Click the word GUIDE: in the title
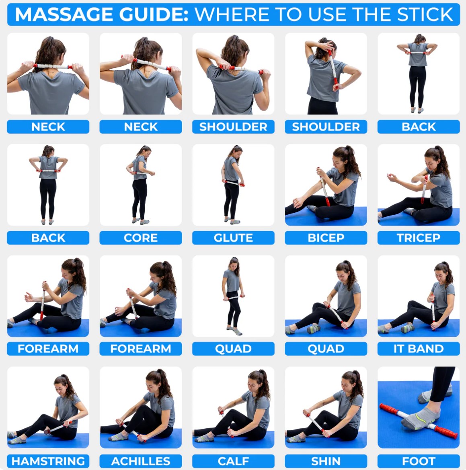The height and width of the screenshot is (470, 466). pyautogui.click(x=154, y=14)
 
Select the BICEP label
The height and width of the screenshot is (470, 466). pyautogui.click(x=326, y=238)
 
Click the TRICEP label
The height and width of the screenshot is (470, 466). pyautogui.click(x=418, y=238)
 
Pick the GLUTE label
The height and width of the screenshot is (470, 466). pyautogui.click(x=233, y=238)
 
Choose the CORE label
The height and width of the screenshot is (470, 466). pyautogui.click(x=141, y=238)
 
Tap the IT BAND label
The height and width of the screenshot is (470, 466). pyautogui.click(x=418, y=348)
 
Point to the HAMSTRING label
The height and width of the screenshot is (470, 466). pyautogui.click(x=48, y=461)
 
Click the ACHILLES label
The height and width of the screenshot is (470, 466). pyautogui.click(x=141, y=461)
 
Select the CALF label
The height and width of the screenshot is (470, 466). pyautogui.click(x=233, y=461)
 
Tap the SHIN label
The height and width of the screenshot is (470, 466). pyautogui.click(x=326, y=461)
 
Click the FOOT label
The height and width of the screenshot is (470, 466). pyautogui.click(x=418, y=461)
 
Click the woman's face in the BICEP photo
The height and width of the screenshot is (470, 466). pyautogui.click(x=339, y=161)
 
